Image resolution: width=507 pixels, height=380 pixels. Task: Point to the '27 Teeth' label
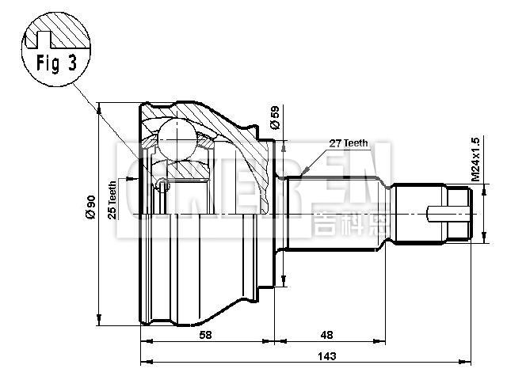click(349, 143)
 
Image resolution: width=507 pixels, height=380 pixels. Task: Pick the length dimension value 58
click(205, 335)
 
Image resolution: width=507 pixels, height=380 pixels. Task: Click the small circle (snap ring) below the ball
click(162, 186)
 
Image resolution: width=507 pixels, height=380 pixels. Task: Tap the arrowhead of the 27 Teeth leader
click(304, 171)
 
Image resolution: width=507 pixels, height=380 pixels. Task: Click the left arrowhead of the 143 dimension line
click(143, 363)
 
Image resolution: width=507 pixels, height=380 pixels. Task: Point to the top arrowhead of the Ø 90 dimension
click(98, 106)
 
